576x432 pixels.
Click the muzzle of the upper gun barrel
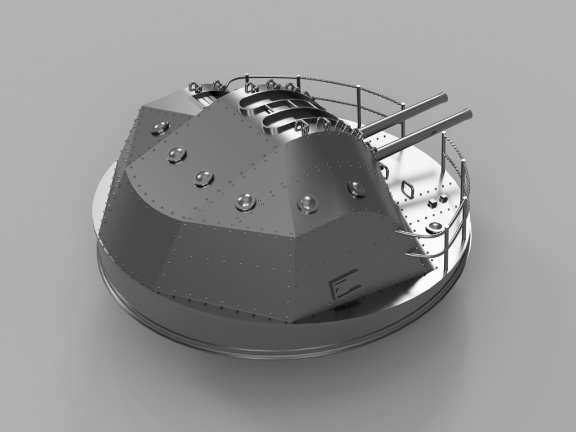[x=444, y=97]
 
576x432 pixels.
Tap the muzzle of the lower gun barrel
[x=468, y=114]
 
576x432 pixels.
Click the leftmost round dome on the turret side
[x=160, y=128]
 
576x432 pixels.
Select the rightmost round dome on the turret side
[x=357, y=188]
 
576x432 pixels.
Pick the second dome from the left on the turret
[x=177, y=154]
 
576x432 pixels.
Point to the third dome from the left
[x=204, y=178]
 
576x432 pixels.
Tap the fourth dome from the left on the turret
[x=246, y=201]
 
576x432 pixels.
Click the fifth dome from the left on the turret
[x=308, y=204]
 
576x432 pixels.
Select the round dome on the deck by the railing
[x=434, y=227]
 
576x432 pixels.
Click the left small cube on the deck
[x=431, y=202]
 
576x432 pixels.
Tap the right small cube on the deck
[x=443, y=198]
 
